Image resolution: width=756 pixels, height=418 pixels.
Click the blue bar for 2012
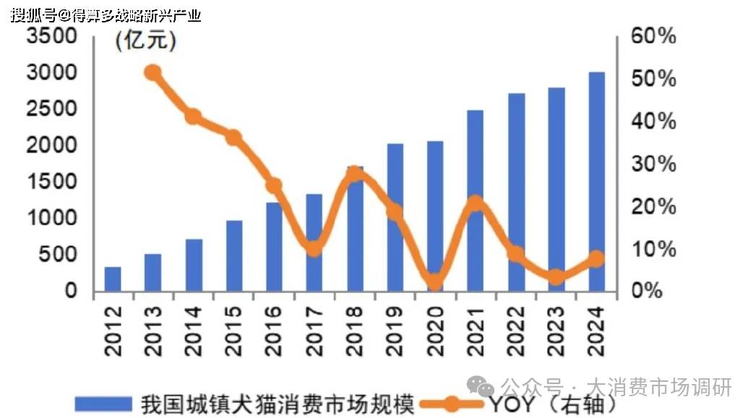113,279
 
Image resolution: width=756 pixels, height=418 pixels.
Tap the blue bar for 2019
395,218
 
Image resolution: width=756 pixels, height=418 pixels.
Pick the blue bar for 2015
233,256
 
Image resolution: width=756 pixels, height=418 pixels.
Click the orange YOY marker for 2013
153,72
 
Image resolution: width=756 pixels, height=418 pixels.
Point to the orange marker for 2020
434,281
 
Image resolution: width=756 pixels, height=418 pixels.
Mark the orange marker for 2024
596,259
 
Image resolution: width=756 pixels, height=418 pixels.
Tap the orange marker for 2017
314,248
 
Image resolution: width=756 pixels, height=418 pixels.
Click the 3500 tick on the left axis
51,37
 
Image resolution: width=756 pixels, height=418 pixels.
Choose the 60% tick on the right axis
653,37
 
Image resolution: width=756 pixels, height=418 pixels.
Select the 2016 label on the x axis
274,329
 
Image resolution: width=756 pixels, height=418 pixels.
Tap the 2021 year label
476,329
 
